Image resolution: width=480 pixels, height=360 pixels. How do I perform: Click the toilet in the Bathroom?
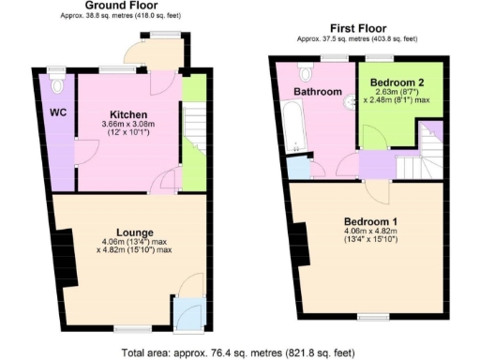pos(306,71)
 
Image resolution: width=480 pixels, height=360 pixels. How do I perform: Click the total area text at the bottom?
pos(239,352)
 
